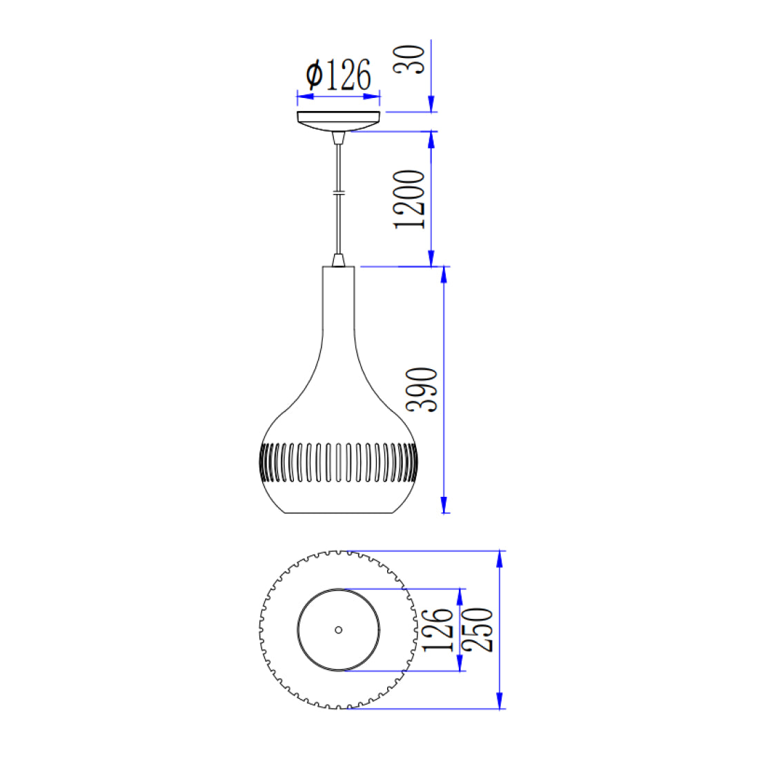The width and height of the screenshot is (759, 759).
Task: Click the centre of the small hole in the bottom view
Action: (x=338, y=630)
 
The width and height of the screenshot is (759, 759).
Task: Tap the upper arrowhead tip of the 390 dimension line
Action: (x=444, y=267)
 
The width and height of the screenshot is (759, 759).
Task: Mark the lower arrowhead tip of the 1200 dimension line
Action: (x=431, y=266)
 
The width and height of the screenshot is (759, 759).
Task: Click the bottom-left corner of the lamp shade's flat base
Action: (x=284, y=513)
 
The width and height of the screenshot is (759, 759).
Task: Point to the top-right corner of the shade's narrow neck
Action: (x=354, y=267)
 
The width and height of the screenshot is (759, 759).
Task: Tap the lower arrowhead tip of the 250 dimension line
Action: (x=500, y=709)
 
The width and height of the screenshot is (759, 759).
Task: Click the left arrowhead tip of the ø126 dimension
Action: (x=297, y=97)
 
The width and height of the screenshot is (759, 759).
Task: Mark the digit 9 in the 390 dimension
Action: (x=422, y=390)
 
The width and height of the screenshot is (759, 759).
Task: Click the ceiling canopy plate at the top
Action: (x=338, y=121)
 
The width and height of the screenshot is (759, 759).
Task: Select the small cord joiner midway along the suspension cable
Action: (x=338, y=193)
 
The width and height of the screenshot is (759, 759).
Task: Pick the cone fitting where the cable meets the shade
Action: (x=338, y=260)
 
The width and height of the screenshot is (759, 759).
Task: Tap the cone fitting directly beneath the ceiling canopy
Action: (x=338, y=137)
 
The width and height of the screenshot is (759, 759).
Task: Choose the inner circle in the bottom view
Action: (x=338, y=630)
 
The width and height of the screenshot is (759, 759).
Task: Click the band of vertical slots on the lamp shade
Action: (x=338, y=463)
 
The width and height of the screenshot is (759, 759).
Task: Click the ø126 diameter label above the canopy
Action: (x=338, y=75)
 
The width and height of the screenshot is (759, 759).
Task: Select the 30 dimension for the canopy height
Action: (x=409, y=59)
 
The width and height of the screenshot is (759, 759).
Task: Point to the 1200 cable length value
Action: (x=409, y=199)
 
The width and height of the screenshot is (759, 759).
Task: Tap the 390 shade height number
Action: (x=422, y=390)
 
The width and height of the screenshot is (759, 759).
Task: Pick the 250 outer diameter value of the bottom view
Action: (x=477, y=629)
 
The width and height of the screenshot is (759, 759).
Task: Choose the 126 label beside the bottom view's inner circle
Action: (x=438, y=630)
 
